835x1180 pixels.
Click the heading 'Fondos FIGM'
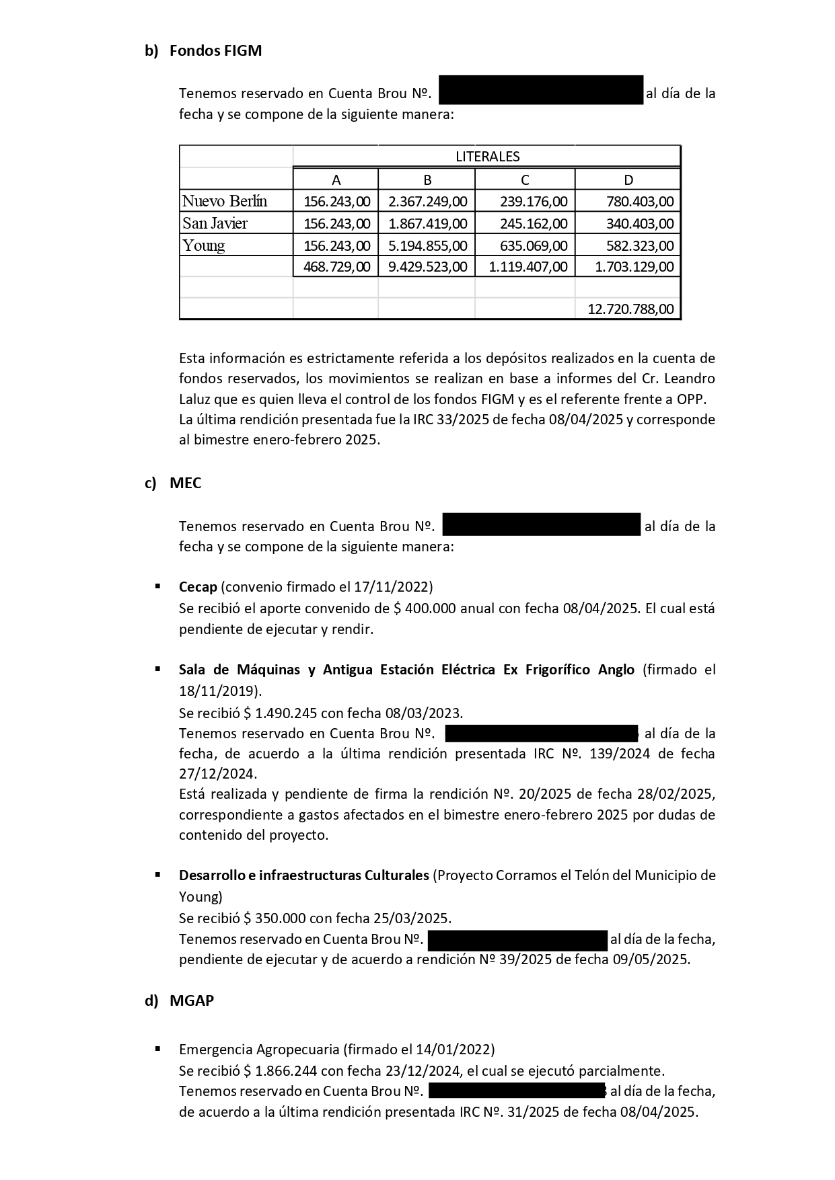coord(215,50)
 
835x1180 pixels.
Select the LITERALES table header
coord(487,157)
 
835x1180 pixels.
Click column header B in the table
coord(427,180)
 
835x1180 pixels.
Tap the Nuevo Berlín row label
coord(225,201)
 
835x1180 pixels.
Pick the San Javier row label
coord(215,223)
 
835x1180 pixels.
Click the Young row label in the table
coord(204,245)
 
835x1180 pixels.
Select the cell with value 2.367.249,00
coord(427,201)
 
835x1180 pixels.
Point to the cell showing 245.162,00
coord(534,223)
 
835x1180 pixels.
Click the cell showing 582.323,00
coord(639,245)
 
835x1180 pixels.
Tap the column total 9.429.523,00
coord(427,266)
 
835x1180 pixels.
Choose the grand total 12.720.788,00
coord(630,309)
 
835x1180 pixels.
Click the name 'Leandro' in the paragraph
coord(691,378)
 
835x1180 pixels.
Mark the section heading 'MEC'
coord(185,483)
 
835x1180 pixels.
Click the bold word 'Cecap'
coord(198,586)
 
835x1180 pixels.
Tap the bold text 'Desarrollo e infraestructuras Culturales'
coord(303,875)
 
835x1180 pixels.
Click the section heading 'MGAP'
coord(192,1000)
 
